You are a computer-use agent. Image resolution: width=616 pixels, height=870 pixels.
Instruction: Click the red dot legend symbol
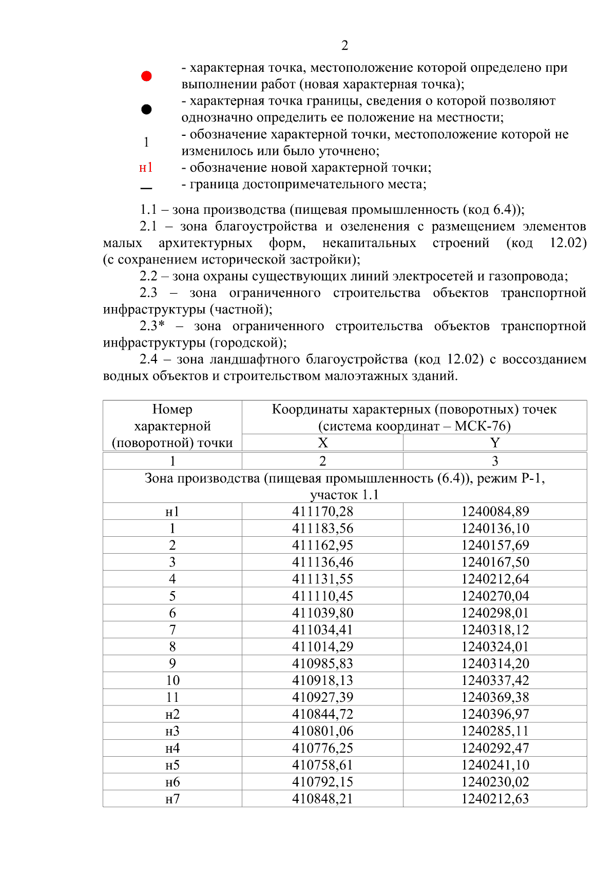pyautogui.click(x=146, y=76)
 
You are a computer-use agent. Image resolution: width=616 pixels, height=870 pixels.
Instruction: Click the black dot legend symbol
pyautogui.click(x=146, y=109)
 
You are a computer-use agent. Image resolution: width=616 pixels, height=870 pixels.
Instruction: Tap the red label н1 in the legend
pyautogui.click(x=146, y=168)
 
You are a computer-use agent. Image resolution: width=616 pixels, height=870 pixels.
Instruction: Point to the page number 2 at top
pyautogui.click(x=344, y=46)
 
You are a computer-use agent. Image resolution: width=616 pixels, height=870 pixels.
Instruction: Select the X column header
pyautogui.click(x=322, y=443)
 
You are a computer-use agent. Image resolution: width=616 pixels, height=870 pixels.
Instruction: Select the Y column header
pyautogui.click(x=495, y=443)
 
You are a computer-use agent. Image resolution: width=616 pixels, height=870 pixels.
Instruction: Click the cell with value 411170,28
pyautogui.click(x=322, y=512)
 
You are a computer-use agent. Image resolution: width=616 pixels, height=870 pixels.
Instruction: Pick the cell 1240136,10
pyautogui.click(x=495, y=529)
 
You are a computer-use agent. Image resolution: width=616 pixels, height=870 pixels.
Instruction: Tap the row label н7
pyautogui.click(x=172, y=799)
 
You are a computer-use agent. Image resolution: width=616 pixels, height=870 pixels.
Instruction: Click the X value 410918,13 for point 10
pyautogui.click(x=322, y=680)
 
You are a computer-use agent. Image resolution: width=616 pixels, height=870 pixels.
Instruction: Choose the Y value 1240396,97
pyautogui.click(x=495, y=714)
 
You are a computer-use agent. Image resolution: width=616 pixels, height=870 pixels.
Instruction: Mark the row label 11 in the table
pyautogui.click(x=172, y=697)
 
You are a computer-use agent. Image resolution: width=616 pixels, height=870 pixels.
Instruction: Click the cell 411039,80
pyautogui.click(x=322, y=613)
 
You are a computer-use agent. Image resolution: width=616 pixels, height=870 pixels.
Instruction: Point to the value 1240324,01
pyautogui.click(x=495, y=647)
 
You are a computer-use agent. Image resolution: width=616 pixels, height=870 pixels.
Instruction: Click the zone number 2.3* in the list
pyautogui.click(x=152, y=326)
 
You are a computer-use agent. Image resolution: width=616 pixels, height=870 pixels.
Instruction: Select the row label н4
pyautogui.click(x=172, y=748)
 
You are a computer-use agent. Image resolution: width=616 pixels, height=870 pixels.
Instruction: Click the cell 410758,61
pyautogui.click(x=322, y=765)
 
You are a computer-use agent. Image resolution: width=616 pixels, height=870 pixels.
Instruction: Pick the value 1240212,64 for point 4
pyautogui.click(x=495, y=579)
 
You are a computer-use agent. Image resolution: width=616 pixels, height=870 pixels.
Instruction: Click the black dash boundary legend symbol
pyautogui.click(x=146, y=188)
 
